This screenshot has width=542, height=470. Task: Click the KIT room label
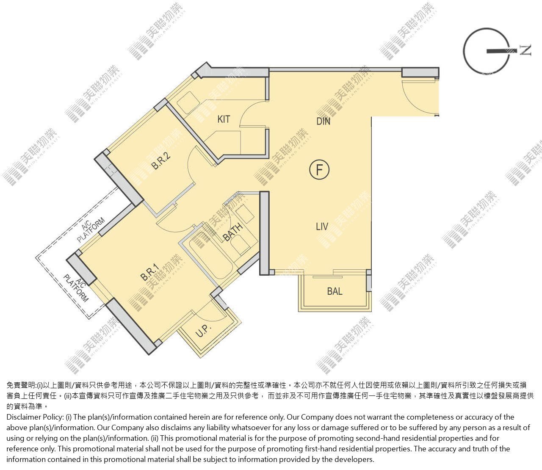click(x=224, y=119)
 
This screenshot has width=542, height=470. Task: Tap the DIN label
click(x=324, y=122)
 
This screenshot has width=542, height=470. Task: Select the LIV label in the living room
click(x=322, y=227)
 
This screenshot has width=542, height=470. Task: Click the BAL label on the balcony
click(x=335, y=291)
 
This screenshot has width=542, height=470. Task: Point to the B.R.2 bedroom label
click(x=161, y=160)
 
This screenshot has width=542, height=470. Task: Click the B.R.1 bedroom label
click(x=150, y=272)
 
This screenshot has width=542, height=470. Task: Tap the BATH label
click(x=232, y=232)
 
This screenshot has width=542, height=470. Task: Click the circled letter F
click(x=319, y=170)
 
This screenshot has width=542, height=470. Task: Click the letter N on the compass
click(x=525, y=50)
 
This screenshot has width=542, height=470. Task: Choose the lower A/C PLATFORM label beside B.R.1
click(x=76, y=288)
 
